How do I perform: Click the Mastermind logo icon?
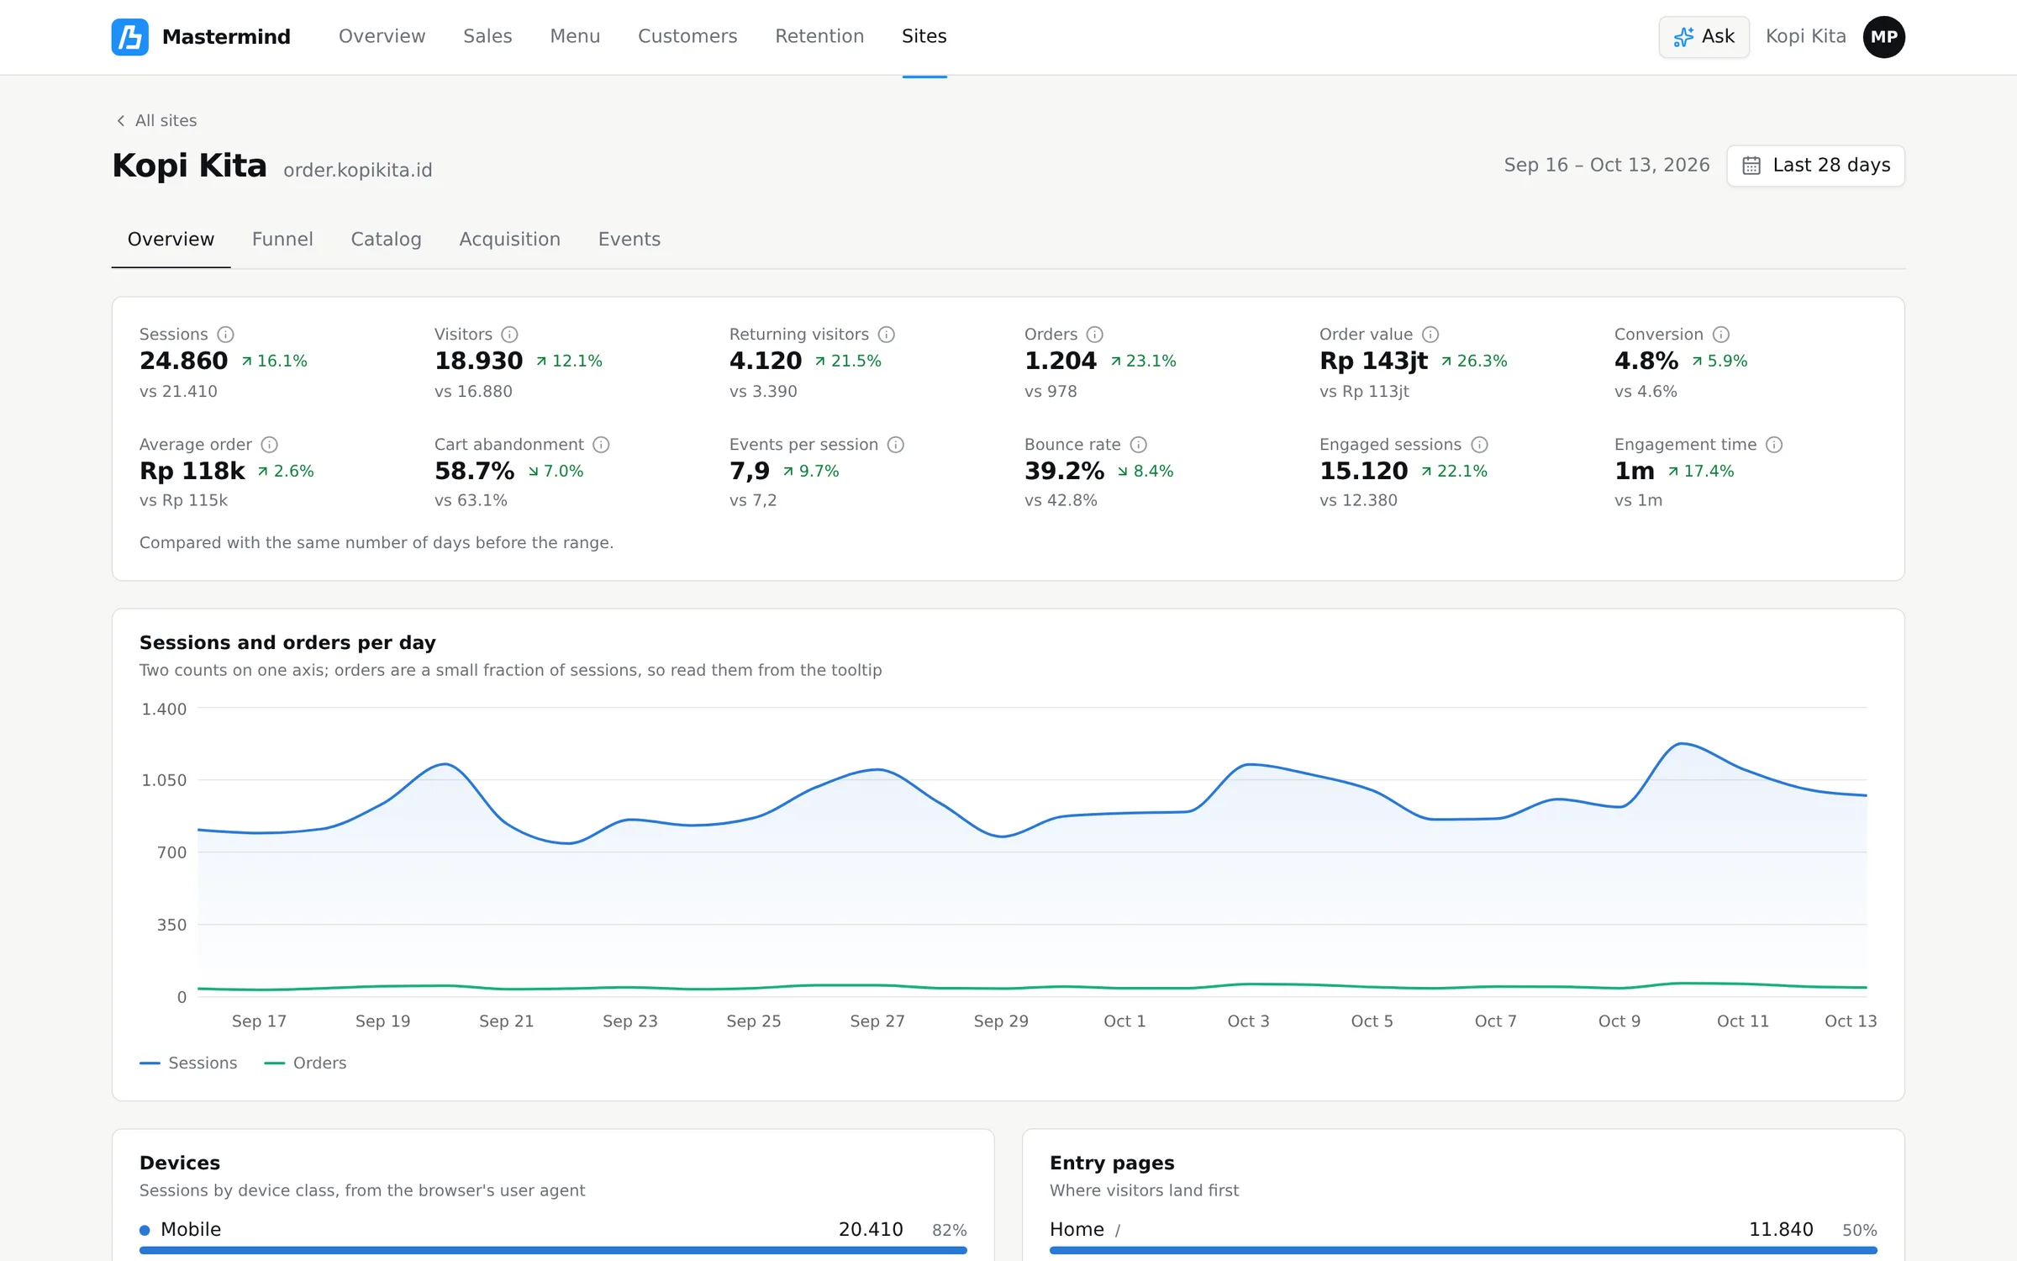[130, 37]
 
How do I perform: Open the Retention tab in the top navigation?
[819, 36]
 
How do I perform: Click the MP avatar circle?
[1883, 37]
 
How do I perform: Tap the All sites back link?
[156, 120]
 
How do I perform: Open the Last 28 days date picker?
[1815, 166]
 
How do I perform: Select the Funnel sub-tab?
[282, 240]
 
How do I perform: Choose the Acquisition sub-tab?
[509, 240]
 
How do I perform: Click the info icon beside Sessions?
[225, 335]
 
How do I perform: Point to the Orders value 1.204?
[1061, 361]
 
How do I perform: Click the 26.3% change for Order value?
[1474, 361]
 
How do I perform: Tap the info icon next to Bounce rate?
[1138, 445]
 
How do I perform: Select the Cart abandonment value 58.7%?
[474, 471]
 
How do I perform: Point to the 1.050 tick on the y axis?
[164, 780]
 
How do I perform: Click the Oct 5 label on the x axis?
[1372, 1021]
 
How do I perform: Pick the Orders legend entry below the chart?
[305, 1063]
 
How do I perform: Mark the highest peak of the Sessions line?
[1682, 744]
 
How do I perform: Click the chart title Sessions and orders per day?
[287, 642]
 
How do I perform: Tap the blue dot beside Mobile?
[145, 1230]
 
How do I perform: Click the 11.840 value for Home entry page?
[1781, 1229]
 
